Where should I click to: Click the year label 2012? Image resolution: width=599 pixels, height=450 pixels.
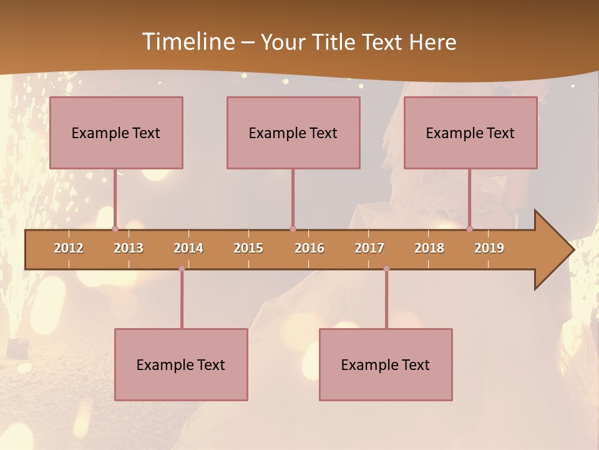click(69, 248)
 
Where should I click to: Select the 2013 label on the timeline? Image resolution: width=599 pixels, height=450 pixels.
click(129, 248)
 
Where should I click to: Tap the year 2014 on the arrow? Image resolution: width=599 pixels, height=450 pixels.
click(188, 248)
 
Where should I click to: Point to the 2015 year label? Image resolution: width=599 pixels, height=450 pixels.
click(248, 248)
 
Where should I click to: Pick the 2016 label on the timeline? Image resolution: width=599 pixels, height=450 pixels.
click(309, 248)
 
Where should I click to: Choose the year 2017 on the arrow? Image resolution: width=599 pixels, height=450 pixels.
click(369, 248)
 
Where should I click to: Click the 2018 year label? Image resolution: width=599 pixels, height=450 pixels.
click(429, 248)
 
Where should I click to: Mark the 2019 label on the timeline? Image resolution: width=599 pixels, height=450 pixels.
click(489, 248)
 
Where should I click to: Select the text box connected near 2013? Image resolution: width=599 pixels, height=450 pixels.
click(116, 132)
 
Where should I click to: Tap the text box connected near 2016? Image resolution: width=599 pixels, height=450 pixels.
click(293, 132)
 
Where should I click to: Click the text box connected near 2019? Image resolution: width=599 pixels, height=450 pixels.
click(470, 132)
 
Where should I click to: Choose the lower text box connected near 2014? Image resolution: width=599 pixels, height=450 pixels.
click(181, 364)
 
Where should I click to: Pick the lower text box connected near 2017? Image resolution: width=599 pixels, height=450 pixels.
click(386, 364)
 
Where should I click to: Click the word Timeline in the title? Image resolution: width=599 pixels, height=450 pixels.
click(187, 42)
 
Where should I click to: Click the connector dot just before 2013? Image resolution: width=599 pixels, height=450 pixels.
click(115, 229)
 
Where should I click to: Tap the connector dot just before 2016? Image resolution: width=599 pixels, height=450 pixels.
click(293, 229)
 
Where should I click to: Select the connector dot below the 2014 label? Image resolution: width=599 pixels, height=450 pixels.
click(182, 269)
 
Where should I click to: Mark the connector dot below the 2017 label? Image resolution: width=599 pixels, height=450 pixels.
click(386, 269)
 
